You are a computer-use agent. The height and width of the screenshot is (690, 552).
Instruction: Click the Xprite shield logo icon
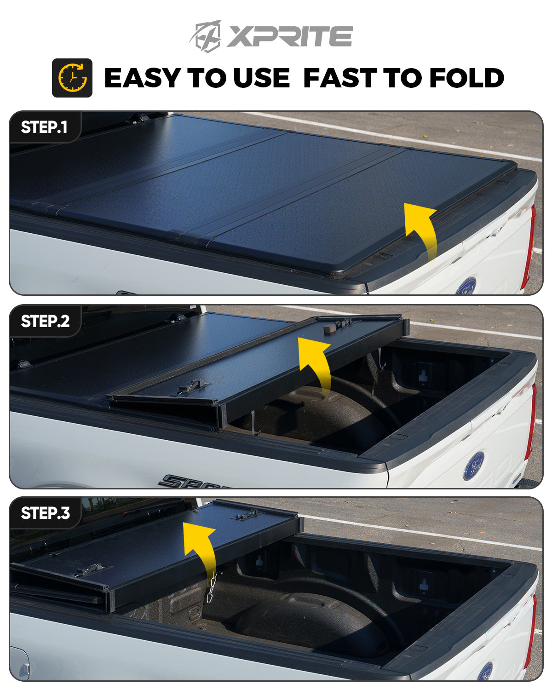click(x=206, y=35)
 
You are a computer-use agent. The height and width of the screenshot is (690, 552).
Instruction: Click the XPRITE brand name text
click(x=289, y=36)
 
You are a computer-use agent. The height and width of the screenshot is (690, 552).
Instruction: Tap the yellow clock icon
click(x=72, y=78)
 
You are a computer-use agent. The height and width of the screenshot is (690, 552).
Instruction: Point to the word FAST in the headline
click(x=340, y=78)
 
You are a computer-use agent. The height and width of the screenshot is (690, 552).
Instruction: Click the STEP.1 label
click(x=44, y=127)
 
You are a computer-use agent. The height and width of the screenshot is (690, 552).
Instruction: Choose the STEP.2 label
click(x=45, y=321)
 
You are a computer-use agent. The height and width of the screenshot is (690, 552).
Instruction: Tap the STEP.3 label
click(x=45, y=513)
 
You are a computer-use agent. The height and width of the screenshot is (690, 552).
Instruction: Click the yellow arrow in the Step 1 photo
click(x=421, y=230)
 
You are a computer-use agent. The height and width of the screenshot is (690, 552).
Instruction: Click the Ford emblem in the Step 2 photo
click(x=474, y=466)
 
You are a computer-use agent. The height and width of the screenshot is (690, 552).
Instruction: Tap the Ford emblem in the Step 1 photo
click(x=466, y=286)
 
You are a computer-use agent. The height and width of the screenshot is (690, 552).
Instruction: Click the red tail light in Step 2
click(x=532, y=421)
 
